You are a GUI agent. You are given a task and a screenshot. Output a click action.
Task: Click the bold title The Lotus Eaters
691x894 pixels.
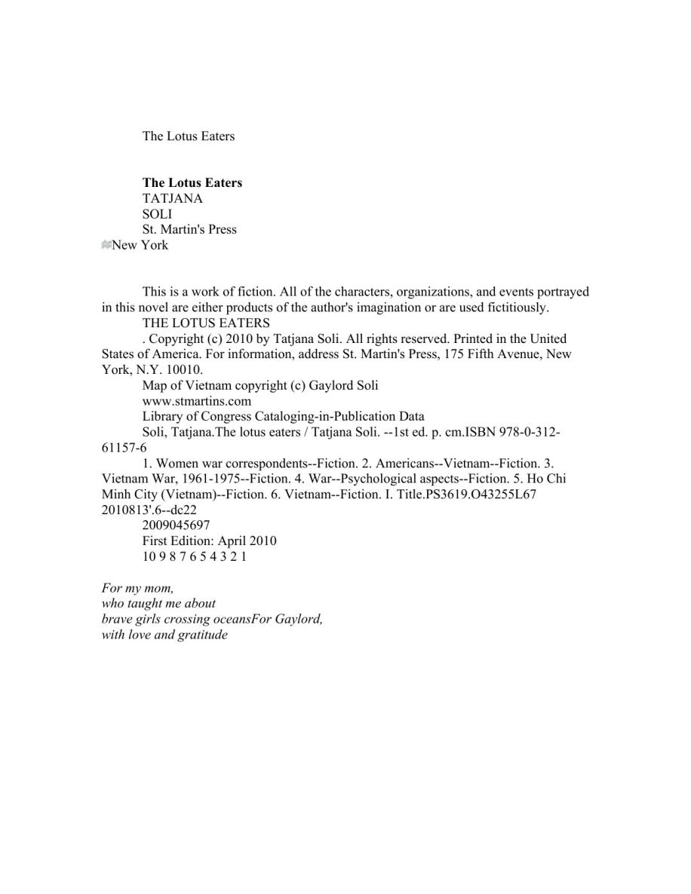[192, 182]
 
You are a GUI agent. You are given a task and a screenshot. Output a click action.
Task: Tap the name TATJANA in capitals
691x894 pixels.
[172, 198]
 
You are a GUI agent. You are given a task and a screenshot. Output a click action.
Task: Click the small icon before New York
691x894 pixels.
[106, 245]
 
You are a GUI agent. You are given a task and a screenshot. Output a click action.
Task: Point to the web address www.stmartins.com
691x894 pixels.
[196, 401]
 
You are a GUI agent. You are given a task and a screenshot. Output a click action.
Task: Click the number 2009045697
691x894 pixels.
[176, 525]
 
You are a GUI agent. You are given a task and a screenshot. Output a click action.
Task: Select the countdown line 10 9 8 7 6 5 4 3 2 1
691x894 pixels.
[194, 556]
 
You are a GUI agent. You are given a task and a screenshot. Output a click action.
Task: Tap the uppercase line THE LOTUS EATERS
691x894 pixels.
[206, 323]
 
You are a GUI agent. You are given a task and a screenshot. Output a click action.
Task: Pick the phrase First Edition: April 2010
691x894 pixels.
[209, 540]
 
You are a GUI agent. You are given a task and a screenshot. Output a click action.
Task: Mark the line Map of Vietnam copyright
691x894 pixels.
[260, 385]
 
